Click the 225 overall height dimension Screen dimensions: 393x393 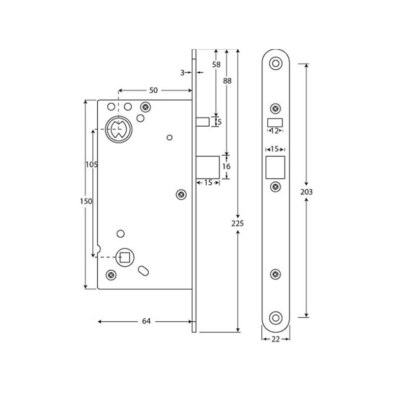click(238, 223)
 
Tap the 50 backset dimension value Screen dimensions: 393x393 click(153, 90)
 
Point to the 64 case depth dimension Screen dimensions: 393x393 click(146, 321)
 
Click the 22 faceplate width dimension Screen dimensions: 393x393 click(276, 339)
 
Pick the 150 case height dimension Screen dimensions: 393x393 click(86, 201)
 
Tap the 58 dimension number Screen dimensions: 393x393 click(216, 64)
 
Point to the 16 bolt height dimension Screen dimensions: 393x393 click(226, 167)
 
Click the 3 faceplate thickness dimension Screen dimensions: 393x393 click(182, 73)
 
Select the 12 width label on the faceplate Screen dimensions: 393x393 click(275, 131)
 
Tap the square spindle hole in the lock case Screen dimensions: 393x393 click(123, 256)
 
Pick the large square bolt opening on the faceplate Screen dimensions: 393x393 click(275, 167)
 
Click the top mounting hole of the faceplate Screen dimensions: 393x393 click(276, 63)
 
